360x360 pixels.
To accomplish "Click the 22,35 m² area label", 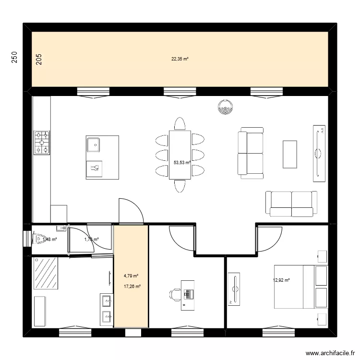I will (180, 59).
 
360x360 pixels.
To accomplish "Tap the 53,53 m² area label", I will (182, 163).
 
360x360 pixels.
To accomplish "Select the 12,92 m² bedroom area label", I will (281, 280).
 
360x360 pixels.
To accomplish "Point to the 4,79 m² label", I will (131, 276).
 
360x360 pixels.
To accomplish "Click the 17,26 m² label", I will (132, 287).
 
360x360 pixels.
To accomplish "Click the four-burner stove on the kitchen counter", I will (42, 143).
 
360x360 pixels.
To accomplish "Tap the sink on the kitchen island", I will (94, 143).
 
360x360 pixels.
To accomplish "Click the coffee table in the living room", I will (290, 154).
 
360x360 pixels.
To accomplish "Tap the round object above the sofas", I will (225, 108).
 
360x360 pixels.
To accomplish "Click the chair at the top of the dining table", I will (180, 124).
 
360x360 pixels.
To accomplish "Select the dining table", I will (180, 155).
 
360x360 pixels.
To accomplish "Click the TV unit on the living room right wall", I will (319, 154).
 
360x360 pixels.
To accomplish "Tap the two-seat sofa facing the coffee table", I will (251, 153).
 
